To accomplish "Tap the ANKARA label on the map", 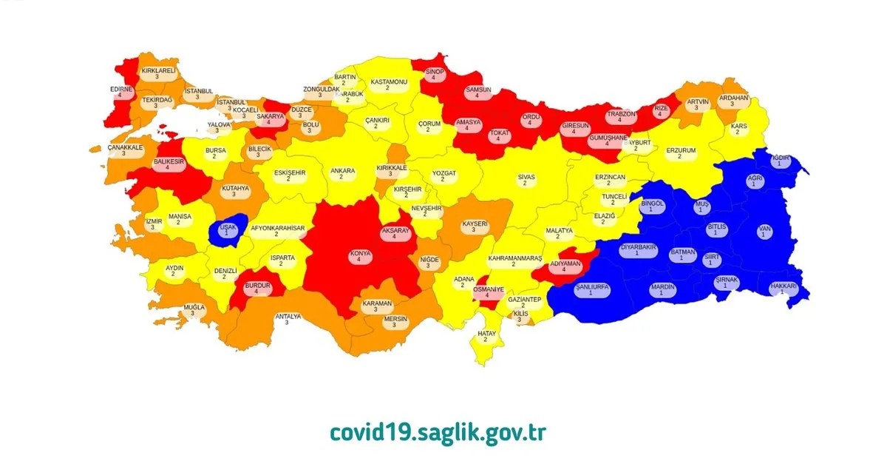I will click(342, 174).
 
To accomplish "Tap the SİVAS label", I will click(526, 181).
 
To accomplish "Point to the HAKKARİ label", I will click(783, 289).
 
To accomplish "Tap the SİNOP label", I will click(433, 74).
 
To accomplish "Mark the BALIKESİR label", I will click(168, 164).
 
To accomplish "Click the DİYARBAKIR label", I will click(639, 250).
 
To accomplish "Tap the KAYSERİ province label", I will click(475, 226).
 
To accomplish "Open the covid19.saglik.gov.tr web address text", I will click(437, 432).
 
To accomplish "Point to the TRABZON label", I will click(621, 118).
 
